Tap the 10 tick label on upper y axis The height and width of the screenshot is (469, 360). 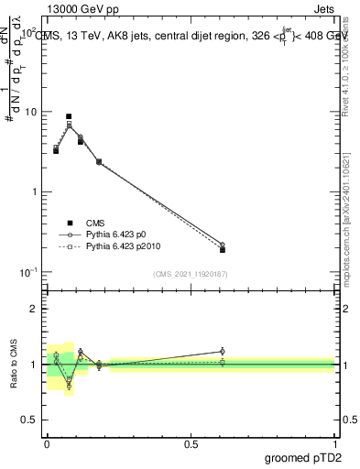pyautogui.click(x=32, y=112)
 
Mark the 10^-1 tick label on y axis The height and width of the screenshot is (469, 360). pyautogui.click(x=30, y=272)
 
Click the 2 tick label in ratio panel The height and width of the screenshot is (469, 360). pyautogui.click(x=37, y=309)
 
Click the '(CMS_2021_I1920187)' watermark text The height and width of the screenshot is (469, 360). pyautogui.click(x=190, y=273)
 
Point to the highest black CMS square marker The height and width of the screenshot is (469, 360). pyautogui.click(x=69, y=116)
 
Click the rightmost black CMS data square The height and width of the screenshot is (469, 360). pyautogui.click(x=223, y=249)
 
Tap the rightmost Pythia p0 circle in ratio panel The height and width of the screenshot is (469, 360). pyautogui.click(x=223, y=351)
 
